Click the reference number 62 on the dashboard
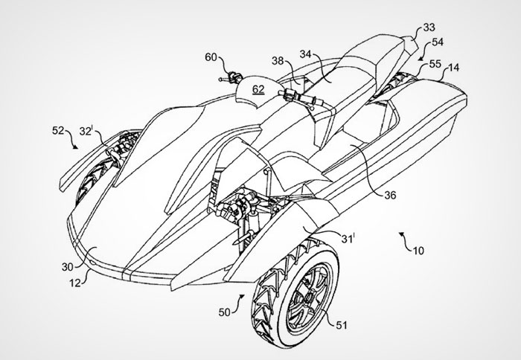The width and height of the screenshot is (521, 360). pyautogui.click(x=258, y=89)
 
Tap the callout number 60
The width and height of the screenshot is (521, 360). pyautogui.click(x=211, y=57)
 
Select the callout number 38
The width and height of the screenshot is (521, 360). pyautogui.click(x=278, y=61)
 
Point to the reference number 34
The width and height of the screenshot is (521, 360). pyautogui.click(x=306, y=54)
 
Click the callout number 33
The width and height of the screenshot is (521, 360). pyautogui.click(x=429, y=28)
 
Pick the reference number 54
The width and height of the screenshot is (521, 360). pyautogui.click(x=438, y=42)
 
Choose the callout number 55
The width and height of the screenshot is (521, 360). pyautogui.click(x=435, y=64)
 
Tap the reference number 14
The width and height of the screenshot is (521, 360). pyautogui.click(x=453, y=68)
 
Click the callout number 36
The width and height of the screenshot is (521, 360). pyautogui.click(x=391, y=196)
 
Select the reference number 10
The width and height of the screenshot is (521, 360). pyautogui.click(x=418, y=251)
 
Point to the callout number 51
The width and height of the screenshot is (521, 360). pyautogui.click(x=341, y=325)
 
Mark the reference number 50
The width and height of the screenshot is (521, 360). pyautogui.click(x=225, y=312)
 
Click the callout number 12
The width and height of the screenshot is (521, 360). pyautogui.click(x=75, y=283)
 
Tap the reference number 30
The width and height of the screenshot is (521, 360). pyautogui.click(x=68, y=267)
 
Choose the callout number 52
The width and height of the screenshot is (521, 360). pyautogui.click(x=58, y=130)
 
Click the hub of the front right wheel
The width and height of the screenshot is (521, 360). pyautogui.click(x=310, y=295)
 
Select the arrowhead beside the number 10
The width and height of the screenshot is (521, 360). pyautogui.click(x=402, y=234)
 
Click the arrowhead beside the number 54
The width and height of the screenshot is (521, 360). pyautogui.click(x=421, y=59)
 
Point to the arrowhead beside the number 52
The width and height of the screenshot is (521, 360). pyautogui.click(x=76, y=147)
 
